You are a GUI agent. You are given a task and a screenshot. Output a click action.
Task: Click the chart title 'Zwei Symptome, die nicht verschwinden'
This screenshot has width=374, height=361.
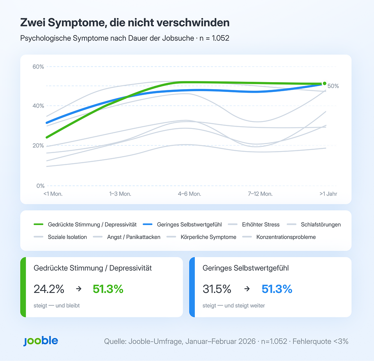coord(125,23)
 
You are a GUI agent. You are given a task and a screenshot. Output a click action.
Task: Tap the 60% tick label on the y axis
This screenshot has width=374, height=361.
coord(38,67)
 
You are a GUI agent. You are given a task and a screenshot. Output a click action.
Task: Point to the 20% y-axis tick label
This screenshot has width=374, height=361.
coord(38,146)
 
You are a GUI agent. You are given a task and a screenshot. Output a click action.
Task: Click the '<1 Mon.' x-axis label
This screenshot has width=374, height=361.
coord(53,194)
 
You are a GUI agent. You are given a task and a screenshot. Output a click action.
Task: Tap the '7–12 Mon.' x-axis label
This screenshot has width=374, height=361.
coord(260,194)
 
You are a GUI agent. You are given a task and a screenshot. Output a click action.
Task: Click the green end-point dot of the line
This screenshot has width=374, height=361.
coord(324,83)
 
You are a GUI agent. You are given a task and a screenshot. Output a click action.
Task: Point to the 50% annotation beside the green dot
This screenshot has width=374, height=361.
coord(333,86)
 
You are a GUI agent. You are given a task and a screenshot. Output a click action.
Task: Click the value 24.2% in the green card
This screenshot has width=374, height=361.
coord(49,289)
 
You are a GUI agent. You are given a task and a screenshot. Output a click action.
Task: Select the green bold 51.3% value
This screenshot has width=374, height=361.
coord(108,289)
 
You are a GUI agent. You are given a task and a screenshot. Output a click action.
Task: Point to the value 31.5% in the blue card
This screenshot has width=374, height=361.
coord(217,289)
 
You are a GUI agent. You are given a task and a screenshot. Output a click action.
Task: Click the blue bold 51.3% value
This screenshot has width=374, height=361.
coord(277,289)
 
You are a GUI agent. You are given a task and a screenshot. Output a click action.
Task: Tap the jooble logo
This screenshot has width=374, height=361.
coord(41,341)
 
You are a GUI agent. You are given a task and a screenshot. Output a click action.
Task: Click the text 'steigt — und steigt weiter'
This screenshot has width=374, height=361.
coord(234,306)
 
